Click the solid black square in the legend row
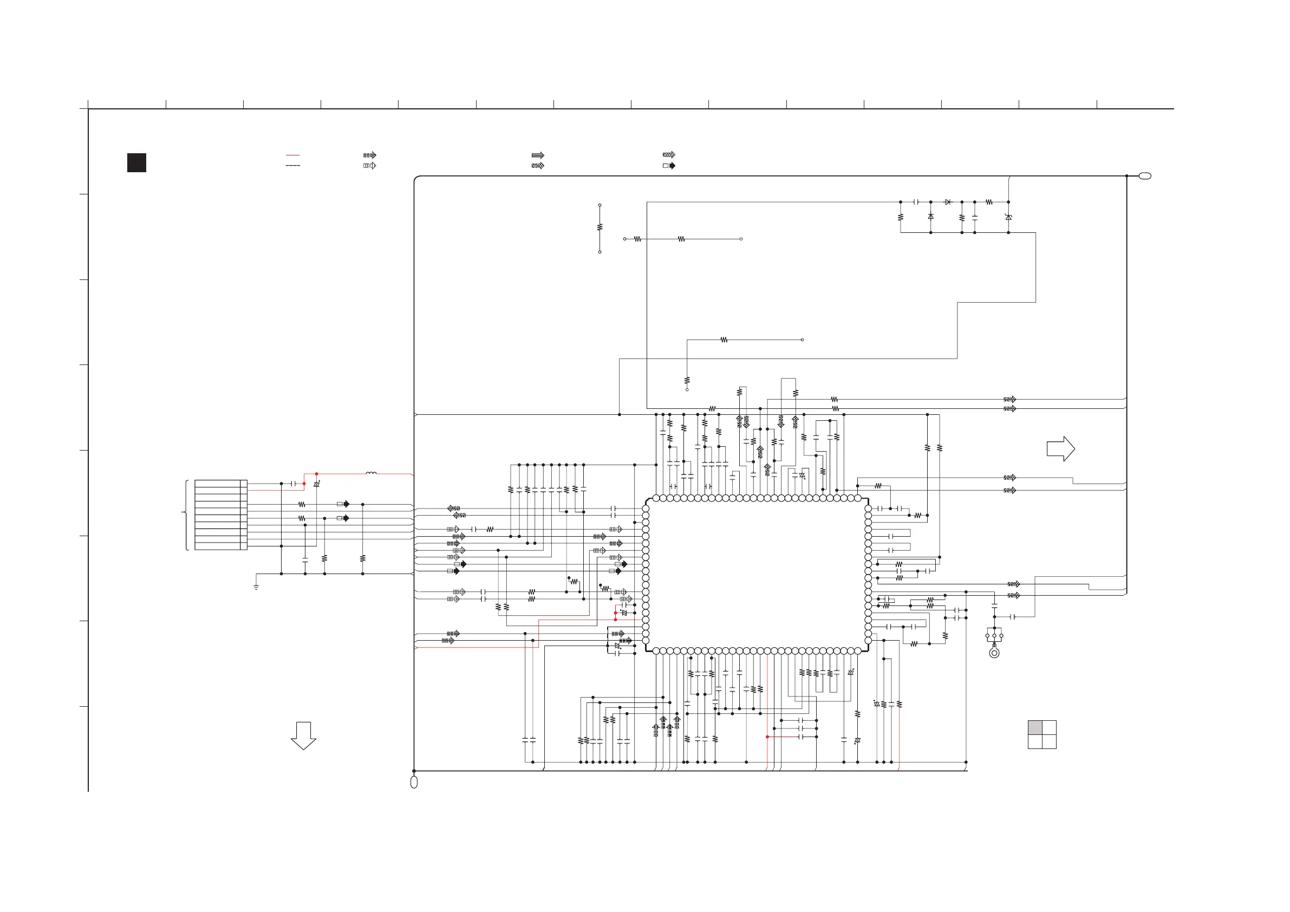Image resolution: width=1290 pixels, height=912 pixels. tap(136, 162)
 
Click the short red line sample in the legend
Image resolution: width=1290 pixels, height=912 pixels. tap(293, 155)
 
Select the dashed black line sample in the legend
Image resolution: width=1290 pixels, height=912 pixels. tap(293, 166)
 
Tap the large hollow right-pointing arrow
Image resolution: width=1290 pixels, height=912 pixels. tap(1060, 449)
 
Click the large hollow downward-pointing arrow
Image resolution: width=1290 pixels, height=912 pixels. tap(303, 735)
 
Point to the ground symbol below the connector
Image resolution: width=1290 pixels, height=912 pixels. tap(256, 587)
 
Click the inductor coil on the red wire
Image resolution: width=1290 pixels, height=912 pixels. tap(371, 473)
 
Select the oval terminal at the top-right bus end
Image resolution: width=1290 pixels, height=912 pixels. tap(1145, 176)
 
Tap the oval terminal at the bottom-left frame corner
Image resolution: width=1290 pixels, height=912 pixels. tap(414, 782)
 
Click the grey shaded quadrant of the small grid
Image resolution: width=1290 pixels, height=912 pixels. tap(1035, 728)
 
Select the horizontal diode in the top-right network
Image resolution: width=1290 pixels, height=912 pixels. tap(948, 201)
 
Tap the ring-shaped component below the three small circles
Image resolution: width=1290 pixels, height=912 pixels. tap(994, 653)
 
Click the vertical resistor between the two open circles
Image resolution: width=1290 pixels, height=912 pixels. tap(600, 227)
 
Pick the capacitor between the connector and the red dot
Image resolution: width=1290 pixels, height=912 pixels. tap(293, 483)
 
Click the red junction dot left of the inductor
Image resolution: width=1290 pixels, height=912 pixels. tap(316, 474)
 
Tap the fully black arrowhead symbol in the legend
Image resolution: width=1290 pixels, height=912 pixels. tap(673, 166)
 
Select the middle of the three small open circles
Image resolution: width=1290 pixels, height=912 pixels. tap(994, 636)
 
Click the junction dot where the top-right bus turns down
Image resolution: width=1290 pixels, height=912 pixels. tap(1126, 176)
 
